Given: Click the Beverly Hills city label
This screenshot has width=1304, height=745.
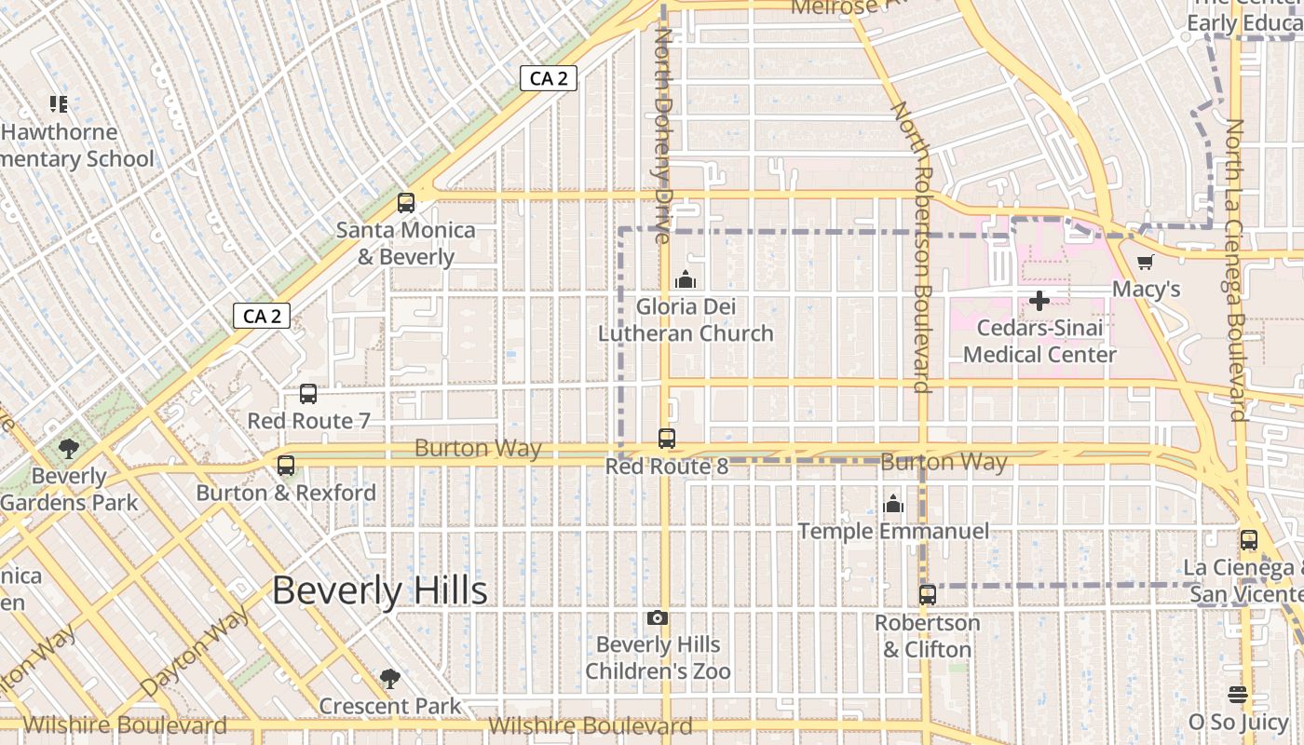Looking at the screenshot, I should click(380, 591).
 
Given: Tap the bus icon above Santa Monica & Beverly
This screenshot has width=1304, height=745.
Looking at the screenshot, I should click(406, 203).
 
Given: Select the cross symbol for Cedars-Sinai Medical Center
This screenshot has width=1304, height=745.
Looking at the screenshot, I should click(1039, 301).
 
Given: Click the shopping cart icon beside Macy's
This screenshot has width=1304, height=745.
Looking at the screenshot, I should click(1145, 262).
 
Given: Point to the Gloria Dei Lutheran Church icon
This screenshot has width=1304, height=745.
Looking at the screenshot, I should click(686, 279).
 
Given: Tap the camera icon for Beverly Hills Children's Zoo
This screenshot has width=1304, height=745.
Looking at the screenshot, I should click(658, 618).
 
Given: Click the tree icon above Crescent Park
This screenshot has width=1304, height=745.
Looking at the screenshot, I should click(390, 679).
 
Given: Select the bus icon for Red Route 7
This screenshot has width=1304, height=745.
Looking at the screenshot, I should click(308, 394).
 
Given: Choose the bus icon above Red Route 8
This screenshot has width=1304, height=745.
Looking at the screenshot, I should click(667, 439).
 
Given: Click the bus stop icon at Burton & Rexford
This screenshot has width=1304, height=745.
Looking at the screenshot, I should click(286, 466).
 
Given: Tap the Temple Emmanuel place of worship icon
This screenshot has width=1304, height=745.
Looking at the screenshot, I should click(893, 505).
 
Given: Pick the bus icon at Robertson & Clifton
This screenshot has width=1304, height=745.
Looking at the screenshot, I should click(928, 595).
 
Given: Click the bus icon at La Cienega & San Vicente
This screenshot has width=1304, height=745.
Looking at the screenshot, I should click(1249, 540).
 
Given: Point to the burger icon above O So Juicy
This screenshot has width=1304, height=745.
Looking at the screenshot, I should click(1238, 695).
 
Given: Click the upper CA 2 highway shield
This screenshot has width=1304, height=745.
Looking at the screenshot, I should click(549, 79).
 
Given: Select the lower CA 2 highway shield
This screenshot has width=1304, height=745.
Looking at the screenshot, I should click(262, 317).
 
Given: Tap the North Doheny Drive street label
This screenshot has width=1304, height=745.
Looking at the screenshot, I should click(664, 135).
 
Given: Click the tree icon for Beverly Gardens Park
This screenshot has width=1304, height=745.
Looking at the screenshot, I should click(68, 450).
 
